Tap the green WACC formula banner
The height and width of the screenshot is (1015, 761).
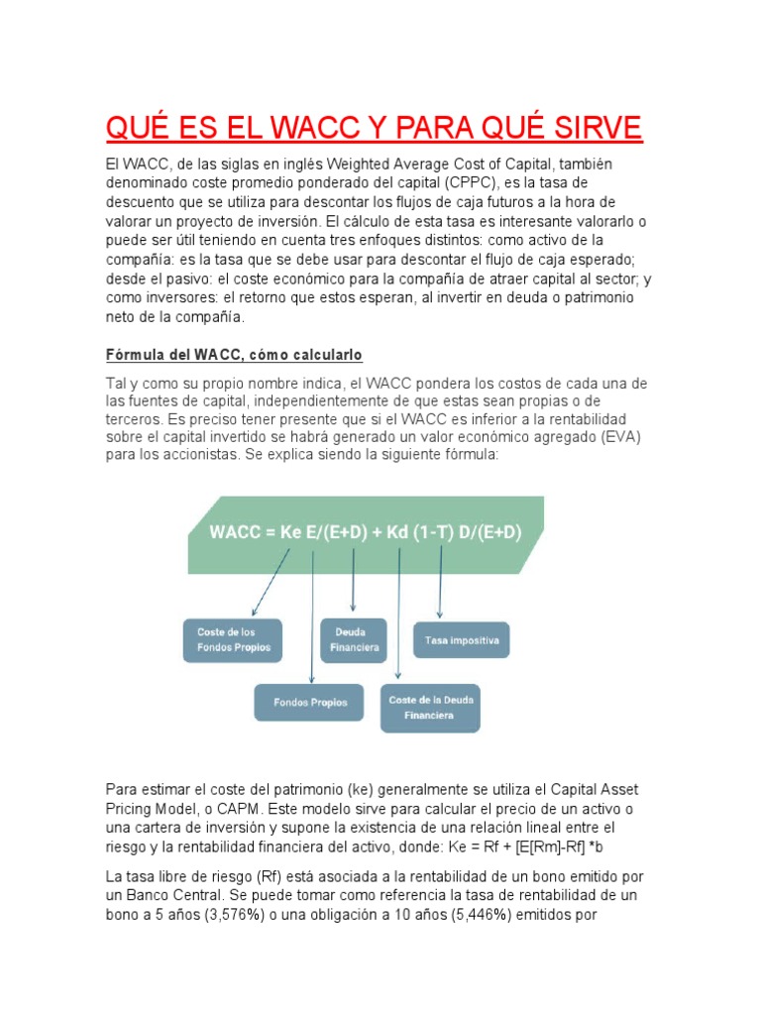(365, 533)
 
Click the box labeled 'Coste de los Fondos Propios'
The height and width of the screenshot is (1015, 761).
(233, 640)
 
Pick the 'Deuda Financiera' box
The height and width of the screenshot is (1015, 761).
(353, 640)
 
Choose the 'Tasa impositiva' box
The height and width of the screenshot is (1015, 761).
(461, 640)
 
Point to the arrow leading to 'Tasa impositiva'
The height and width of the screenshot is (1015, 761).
(440, 585)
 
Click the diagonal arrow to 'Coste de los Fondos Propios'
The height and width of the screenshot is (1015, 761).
(271, 585)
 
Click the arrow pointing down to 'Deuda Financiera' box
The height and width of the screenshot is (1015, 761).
(354, 580)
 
